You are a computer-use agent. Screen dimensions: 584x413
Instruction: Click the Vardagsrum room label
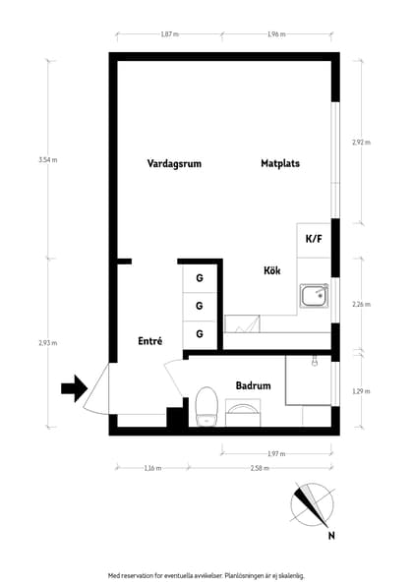point(174,164)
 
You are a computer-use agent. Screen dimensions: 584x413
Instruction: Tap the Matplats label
point(280,164)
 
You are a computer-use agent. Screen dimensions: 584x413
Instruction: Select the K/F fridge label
point(314,239)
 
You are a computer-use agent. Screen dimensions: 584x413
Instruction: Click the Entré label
point(149,341)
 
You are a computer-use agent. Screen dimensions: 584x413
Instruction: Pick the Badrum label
point(253,386)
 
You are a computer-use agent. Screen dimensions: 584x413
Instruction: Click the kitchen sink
point(315,296)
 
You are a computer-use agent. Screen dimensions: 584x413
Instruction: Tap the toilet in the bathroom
point(206,407)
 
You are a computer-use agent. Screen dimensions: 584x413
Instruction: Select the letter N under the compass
point(332,536)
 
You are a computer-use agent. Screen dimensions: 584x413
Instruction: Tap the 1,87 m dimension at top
point(169,34)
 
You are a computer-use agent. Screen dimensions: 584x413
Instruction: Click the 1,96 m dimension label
point(275,34)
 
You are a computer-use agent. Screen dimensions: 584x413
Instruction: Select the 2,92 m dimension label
point(361,143)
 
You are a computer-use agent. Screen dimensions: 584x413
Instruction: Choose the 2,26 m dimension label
point(361,305)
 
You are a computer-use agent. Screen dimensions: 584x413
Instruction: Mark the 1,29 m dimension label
point(361,391)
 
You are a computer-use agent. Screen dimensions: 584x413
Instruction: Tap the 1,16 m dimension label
point(151,468)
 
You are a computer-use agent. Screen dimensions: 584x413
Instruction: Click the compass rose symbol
point(314,505)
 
